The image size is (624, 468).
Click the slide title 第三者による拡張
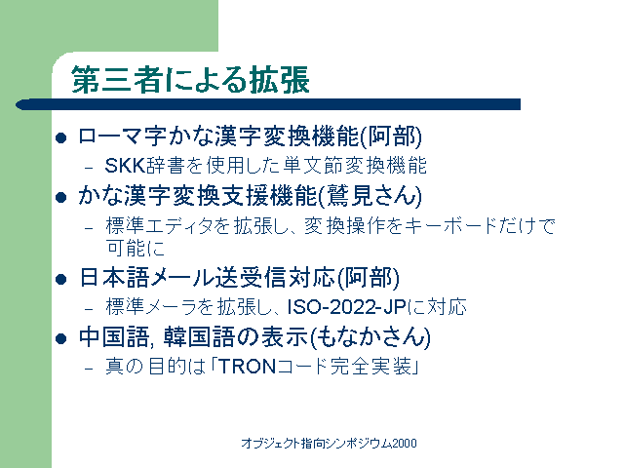(190, 80)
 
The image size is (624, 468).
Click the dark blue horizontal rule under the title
(268, 104)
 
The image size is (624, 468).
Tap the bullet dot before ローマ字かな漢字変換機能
(60, 138)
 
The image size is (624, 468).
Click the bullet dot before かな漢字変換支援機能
(60, 197)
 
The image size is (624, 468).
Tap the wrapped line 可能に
(136, 248)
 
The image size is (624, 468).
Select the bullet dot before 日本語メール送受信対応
(60, 279)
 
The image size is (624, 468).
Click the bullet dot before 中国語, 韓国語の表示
(60, 338)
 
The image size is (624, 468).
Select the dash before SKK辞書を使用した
(89, 168)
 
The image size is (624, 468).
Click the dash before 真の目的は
(89, 369)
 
